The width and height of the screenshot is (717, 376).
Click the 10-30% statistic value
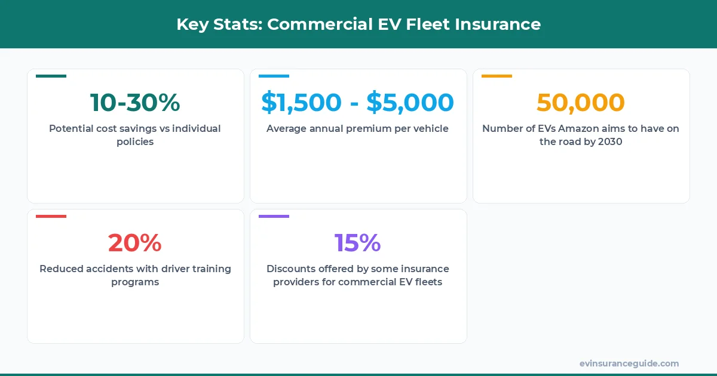(135, 103)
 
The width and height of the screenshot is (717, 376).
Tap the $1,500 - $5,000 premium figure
(357, 103)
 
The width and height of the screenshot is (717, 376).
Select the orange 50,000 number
(580, 103)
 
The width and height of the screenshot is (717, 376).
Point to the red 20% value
(135, 243)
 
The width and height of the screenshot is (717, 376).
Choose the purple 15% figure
(357, 243)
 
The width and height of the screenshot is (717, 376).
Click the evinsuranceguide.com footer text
(629, 363)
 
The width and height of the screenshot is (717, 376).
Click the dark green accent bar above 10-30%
(51, 76)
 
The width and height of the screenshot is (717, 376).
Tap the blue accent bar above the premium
(274, 76)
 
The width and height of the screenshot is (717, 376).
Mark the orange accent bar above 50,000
(497, 76)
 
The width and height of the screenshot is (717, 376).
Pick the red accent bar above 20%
(51, 216)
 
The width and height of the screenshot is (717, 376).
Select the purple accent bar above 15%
(274, 216)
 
